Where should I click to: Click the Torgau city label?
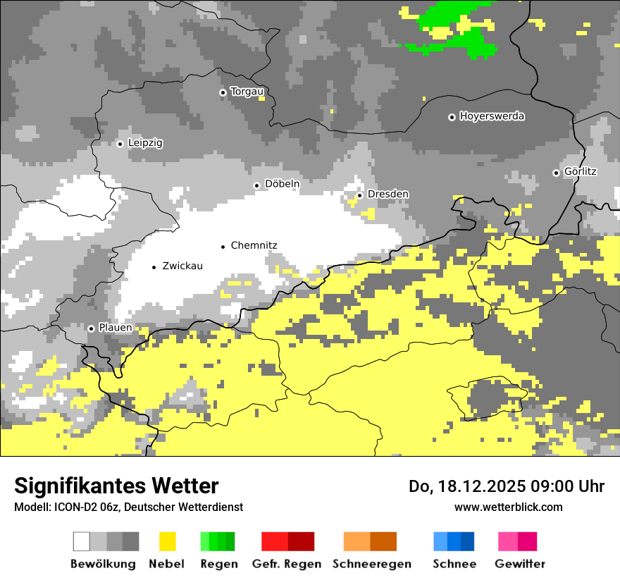tap(247, 92)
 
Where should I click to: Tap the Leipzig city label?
tap(145, 143)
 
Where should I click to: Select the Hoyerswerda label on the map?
tap(492, 116)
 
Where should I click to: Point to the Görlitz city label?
tap(581, 172)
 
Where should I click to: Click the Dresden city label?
tap(387, 195)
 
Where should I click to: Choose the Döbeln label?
tap(282, 184)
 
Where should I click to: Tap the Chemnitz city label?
tap(254, 246)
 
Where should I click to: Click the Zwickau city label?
tap(182, 266)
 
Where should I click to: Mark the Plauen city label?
tap(115, 328)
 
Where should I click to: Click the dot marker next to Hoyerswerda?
tap(452, 117)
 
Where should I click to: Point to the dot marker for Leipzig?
tap(120, 144)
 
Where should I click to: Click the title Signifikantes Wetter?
tap(116, 486)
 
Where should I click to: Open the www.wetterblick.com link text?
tap(508, 507)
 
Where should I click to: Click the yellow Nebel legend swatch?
tap(167, 541)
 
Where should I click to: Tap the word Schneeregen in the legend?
tap(371, 564)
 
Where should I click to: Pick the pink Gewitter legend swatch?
tap(509, 541)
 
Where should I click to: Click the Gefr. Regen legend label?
tap(286, 564)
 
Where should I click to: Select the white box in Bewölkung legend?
tap(82, 541)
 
